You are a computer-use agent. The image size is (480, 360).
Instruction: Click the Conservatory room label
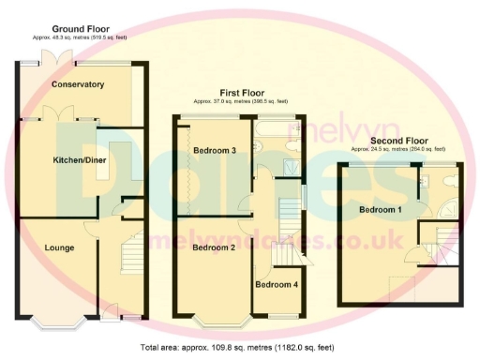click(x=78, y=85)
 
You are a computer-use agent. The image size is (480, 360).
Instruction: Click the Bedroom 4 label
click(x=277, y=284)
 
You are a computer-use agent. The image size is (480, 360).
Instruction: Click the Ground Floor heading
click(x=80, y=29)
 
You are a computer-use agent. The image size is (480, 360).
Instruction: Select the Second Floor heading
click(x=398, y=142)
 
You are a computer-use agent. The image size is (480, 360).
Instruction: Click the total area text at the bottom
click(x=240, y=348)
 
